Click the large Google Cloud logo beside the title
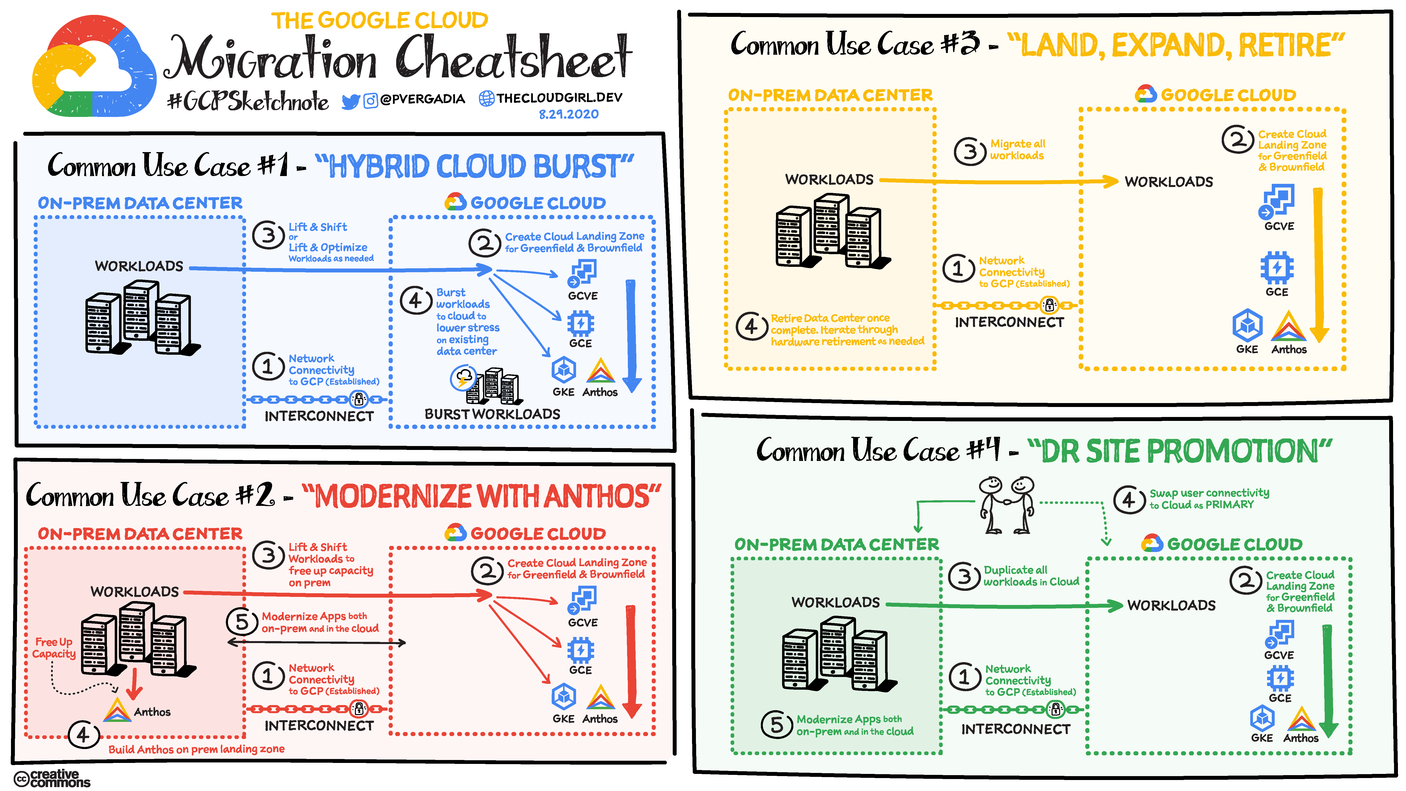click(93, 68)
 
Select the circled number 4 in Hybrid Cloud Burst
click(416, 300)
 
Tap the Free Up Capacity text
click(53, 648)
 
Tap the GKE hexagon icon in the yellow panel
click(1247, 325)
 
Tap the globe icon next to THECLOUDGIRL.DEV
click(486, 98)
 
